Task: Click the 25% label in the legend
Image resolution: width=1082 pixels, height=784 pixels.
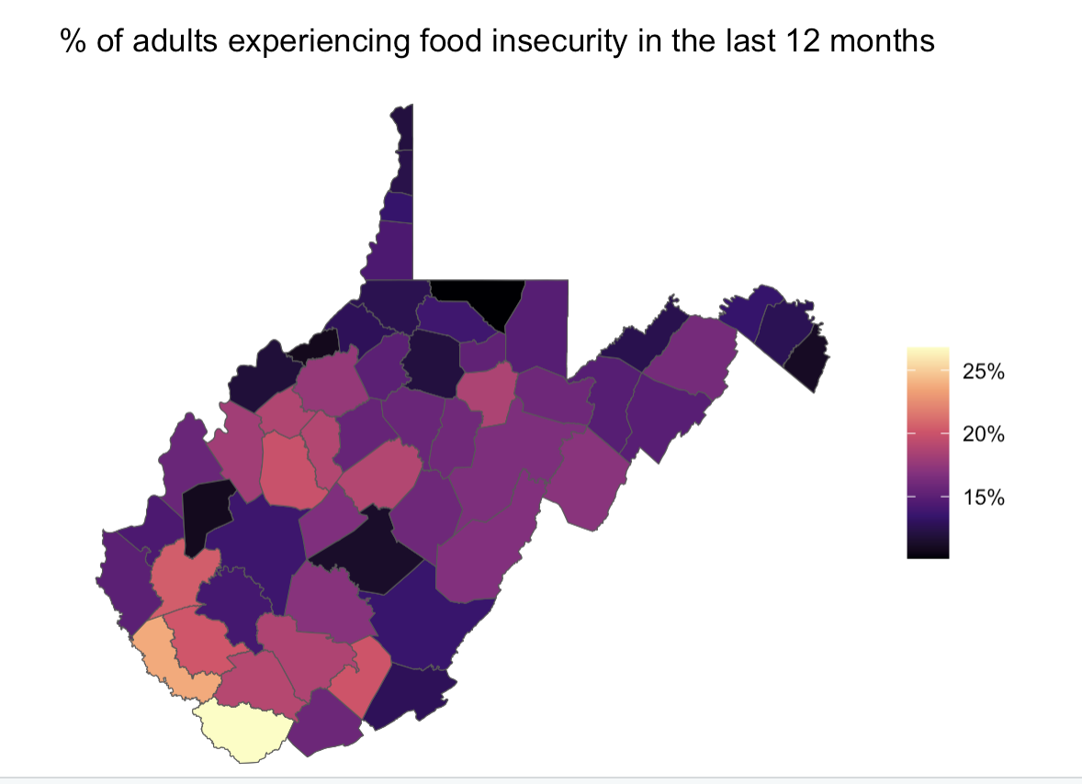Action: [982, 374]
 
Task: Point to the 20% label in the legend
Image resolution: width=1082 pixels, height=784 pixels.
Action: [982, 435]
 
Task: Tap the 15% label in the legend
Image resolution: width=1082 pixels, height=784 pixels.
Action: [982, 498]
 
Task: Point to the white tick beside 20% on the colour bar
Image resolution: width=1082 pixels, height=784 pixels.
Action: [945, 434]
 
